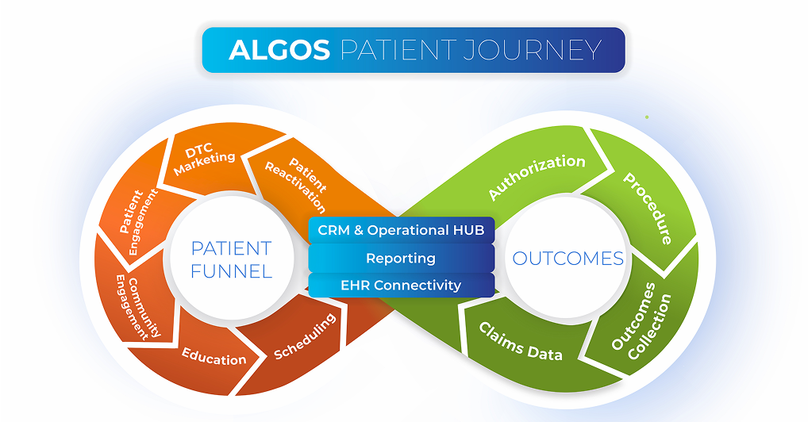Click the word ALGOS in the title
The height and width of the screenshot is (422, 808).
pos(279,50)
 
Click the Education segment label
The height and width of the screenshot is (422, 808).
pos(214,356)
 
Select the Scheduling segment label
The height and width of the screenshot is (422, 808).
pos(305,337)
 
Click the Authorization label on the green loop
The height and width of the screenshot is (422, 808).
pos(537,176)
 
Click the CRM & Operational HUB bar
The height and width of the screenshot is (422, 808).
pos(401,230)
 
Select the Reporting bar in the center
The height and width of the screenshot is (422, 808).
pos(401,258)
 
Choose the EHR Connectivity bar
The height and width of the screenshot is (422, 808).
pos(401,285)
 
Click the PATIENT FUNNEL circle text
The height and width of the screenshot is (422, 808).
pos(231,259)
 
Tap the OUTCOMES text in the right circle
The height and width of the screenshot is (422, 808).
pos(568,259)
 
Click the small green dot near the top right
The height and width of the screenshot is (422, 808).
pos(647,117)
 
